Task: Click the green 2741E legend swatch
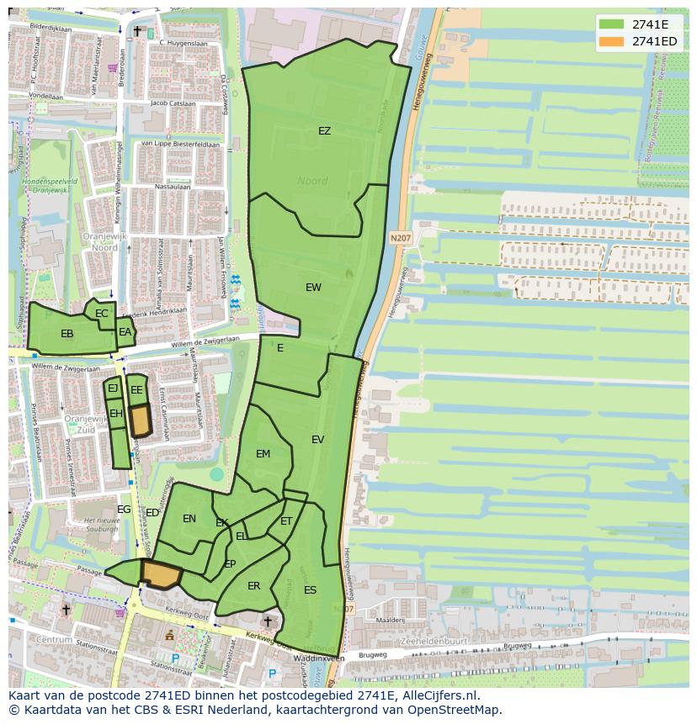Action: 612,24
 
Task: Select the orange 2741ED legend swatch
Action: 612,41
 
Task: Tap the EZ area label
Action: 324,131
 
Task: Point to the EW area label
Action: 313,288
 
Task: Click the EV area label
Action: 317,440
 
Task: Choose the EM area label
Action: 263,454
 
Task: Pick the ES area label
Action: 310,590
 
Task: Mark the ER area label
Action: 253,586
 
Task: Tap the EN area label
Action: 189,519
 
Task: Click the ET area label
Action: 286,522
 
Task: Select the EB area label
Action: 67,334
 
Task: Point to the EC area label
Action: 102,314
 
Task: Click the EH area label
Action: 116,414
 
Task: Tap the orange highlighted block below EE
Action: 140,420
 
